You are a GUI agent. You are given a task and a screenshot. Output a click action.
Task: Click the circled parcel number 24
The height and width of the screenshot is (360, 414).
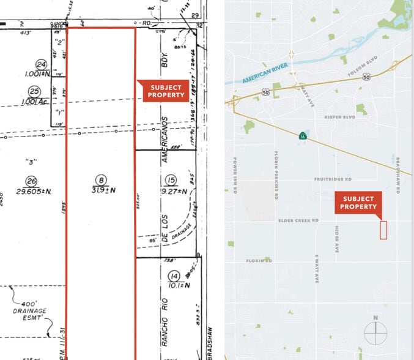click(42, 64)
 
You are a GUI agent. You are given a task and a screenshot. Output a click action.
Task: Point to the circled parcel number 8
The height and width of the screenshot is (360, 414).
click(100, 179)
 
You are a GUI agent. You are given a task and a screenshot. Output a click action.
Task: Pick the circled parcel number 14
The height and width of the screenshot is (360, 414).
click(174, 275)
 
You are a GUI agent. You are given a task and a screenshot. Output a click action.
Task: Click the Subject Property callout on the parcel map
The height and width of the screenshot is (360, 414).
click(163, 91)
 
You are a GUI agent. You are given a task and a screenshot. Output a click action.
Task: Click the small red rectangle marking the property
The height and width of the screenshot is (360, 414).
click(384, 230)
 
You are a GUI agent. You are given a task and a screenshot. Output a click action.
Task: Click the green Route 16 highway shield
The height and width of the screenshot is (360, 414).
click(303, 136)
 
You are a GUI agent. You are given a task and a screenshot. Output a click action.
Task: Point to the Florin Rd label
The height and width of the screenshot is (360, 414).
click(259, 261)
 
